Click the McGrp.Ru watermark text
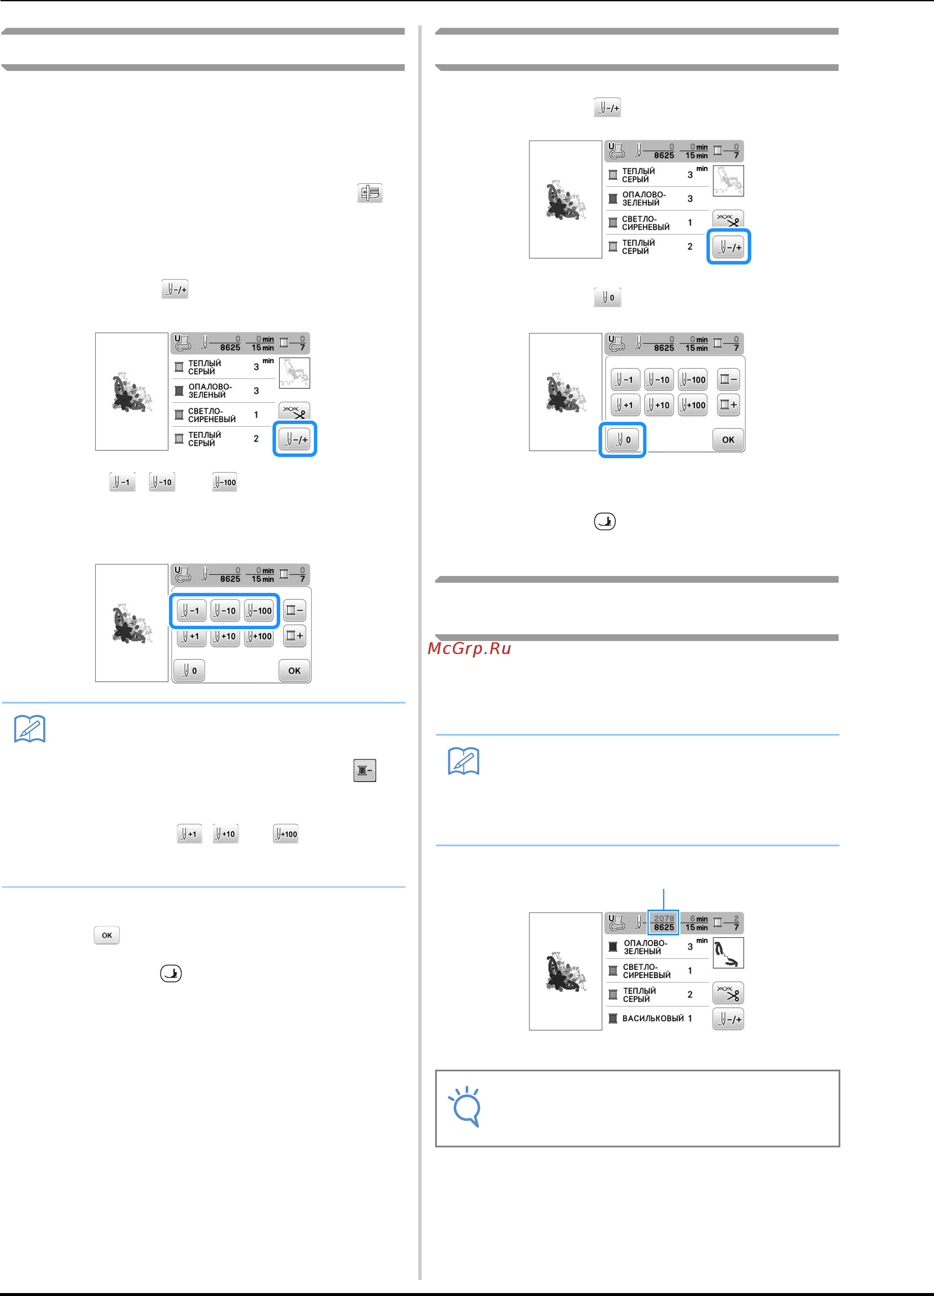click(469, 649)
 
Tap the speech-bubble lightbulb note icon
click(466, 1106)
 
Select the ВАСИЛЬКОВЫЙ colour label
click(653, 1018)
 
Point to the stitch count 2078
click(664, 918)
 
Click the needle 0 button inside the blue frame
click(623, 440)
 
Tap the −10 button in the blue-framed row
click(225, 610)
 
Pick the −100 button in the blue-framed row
click(259, 610)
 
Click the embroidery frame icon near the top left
click(370, 193)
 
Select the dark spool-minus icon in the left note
click(365, 770)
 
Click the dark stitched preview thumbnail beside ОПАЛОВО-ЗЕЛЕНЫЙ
click(728, 953)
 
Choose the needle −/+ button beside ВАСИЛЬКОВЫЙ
click(728, 1019)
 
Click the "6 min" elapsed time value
click(698, 918)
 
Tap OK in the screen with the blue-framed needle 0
click(728, 440)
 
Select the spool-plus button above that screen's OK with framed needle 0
click(728, 405)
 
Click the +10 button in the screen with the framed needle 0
click(659, 405)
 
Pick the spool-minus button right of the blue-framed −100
click(295, 610)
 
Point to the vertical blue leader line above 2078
click(663, 899)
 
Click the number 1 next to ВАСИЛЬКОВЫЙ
click(690, 1018)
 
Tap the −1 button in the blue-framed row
click(191, 610)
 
